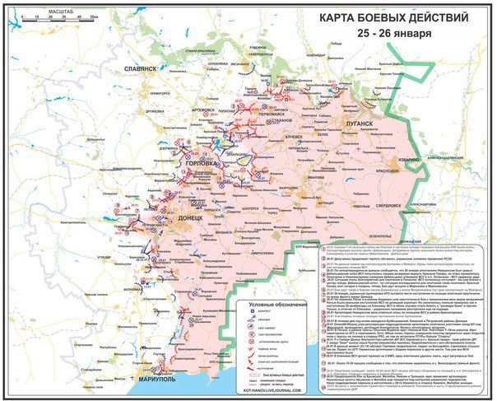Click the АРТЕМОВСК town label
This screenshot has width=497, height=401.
[205, 109]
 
